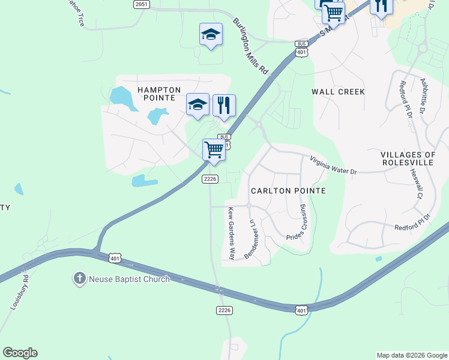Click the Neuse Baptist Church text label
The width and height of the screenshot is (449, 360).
(129, 279)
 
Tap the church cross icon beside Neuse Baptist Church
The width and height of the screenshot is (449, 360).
(79, 278)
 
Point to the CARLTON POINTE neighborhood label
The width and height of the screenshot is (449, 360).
(288, 191)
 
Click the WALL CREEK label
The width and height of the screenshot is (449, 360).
(338, 92)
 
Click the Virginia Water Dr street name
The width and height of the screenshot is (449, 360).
(333, 166)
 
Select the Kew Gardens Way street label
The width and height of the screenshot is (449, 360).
(231, 234)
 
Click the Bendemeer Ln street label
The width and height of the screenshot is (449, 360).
(251, 239)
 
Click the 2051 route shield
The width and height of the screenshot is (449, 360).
(141, 4)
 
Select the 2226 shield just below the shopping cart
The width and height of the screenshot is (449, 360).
(209, 179)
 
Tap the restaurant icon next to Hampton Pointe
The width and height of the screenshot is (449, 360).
(224, 106)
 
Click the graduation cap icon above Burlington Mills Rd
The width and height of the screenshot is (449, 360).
(211, 34)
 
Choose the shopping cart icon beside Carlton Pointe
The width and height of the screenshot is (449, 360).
(214, 150)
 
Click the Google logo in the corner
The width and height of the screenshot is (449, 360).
(20, 353)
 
